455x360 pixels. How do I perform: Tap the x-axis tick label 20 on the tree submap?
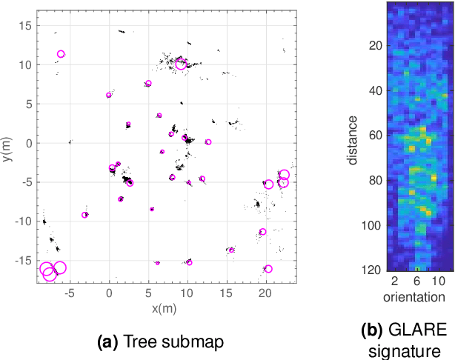point(266,293)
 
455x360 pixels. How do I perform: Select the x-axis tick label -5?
point(69,293)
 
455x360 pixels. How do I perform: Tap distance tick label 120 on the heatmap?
point(372,270)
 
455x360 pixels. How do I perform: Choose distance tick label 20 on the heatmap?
point(375,45)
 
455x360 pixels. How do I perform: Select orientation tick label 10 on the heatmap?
point(439,282)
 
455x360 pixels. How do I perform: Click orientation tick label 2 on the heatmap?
point(396,282)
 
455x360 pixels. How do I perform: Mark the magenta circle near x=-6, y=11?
point(61,54)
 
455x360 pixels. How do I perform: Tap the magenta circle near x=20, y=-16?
point(268,269)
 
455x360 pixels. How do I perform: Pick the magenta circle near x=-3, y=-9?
point(85,215)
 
